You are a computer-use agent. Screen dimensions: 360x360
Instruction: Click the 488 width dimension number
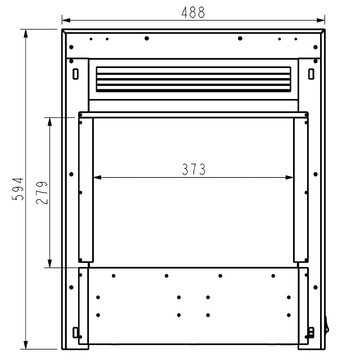[x=193, y=12]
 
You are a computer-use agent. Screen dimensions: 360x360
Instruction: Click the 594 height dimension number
[x=18, y=189]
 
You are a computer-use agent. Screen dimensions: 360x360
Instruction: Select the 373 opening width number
[x=194, y=170]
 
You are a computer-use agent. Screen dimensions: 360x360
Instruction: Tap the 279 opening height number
[x=42, y=193]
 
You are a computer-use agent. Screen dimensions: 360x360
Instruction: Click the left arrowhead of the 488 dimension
[x=66, y=20]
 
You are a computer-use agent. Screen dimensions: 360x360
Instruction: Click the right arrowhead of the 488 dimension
[x=321, y=20]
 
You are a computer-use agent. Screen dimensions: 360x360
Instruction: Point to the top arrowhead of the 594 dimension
[x=26, y=33]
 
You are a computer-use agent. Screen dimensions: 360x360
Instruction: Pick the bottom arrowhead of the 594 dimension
[x=26, y=345]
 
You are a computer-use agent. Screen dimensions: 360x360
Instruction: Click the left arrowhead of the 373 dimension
[x=97, y=177]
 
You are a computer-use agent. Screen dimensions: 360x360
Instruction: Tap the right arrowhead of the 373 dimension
[x=289, y=177]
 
